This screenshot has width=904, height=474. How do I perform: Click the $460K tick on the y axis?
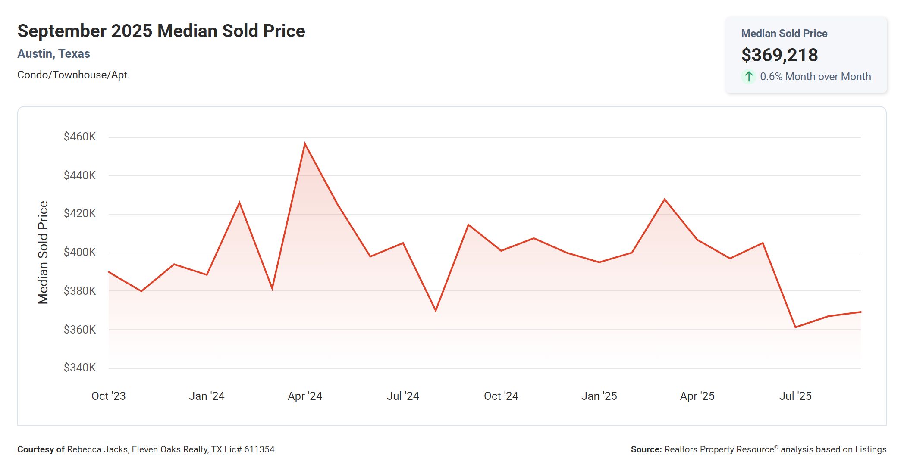coord(80,137)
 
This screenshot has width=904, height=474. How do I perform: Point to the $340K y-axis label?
coord(80,368)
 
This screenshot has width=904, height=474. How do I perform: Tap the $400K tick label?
coord(80,252)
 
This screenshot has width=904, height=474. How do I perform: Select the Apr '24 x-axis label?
coord(305,396)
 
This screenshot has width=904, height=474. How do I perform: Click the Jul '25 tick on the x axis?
coord(795,396)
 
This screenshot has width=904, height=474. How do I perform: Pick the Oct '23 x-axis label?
coord(109,396)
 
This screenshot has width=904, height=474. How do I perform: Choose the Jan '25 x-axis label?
coord(599,396)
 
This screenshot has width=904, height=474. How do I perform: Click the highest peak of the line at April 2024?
coord(305,143)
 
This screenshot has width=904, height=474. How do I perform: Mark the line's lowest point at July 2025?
coord(795,327)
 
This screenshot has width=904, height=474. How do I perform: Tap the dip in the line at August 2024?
coord(436,311)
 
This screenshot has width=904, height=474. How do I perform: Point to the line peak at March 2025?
coord(665,199)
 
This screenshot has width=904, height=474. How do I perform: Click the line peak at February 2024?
coord(239,202)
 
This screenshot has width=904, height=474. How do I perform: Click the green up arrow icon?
coord(749,77)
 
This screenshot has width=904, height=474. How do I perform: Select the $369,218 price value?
coord(779,55)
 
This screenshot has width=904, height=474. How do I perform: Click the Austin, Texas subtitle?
coord(53,54)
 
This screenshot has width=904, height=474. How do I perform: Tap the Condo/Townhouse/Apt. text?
coord(73,75)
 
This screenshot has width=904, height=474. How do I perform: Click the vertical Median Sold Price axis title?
coord(43,253)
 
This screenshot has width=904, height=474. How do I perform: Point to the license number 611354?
coord(259,449)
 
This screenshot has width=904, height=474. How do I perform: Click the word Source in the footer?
coord(646,449)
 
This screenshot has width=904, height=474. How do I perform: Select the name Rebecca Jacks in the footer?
coord(97,449)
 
